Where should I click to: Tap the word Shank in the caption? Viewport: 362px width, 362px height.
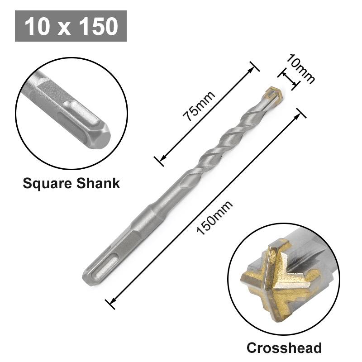(x=99, y=183)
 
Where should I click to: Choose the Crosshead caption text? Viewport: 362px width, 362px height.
(x=284, y=348)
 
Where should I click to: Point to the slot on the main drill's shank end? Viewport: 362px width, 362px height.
(x=98, y=267)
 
